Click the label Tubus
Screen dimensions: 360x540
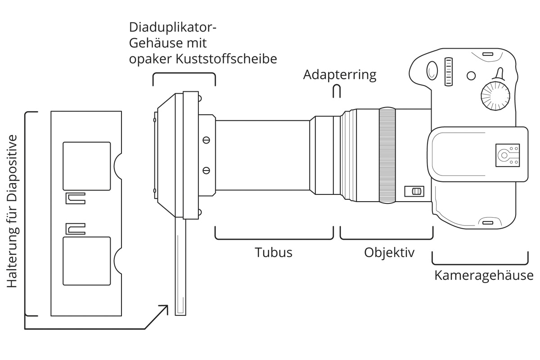(274, 252)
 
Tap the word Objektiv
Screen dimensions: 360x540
(389, 252)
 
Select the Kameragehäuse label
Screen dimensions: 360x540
(484, 275)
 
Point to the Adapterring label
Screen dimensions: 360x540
(339, 75)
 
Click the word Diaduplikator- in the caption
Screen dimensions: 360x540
(173, 27)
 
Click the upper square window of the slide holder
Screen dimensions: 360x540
(86, 166)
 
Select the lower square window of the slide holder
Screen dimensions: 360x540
(86, 261)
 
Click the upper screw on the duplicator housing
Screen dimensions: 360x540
(207, 140)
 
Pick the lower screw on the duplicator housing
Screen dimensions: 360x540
(207, 170)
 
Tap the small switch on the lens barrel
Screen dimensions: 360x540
(414, 191)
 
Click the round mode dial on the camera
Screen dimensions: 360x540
(495, 94)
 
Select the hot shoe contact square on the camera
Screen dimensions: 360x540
(507, 155)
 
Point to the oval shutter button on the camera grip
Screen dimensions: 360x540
(431, 70)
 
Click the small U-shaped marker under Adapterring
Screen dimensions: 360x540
(336, 91)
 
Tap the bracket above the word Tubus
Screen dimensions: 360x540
(274, 234)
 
